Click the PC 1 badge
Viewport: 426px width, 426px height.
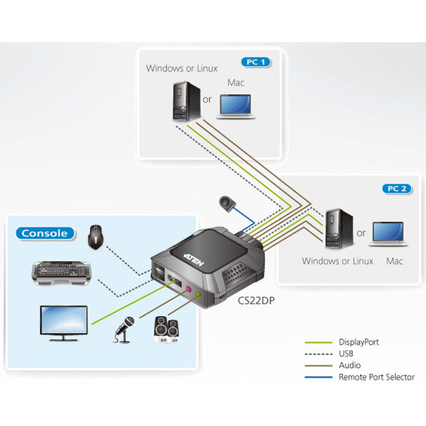coord(255,62)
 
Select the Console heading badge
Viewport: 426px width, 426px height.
coord(45,233)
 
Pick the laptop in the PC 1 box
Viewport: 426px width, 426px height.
coord(237,106)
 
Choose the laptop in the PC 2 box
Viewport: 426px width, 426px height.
coord(388,234)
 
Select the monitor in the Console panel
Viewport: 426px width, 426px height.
coord(64,322)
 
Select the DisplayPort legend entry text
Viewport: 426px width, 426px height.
coord(359,342)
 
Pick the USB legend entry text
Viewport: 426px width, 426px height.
coord(346,354)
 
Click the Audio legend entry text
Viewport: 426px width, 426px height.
coord(349,365)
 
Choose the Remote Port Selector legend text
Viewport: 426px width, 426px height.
coord(376,377)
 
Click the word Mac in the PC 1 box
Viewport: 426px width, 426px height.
coord(236,83)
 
